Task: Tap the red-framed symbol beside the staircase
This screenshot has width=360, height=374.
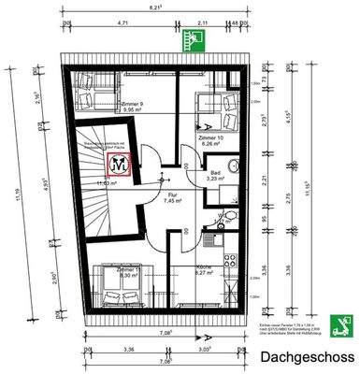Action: click(x=120, y=164)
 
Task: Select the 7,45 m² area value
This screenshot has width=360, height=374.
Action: click(x=172, y=200)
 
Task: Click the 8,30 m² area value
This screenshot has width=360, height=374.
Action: click(x=129, y=275)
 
